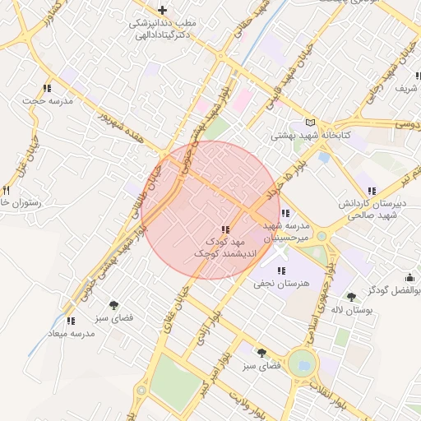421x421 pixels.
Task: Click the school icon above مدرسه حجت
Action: [x=46, y=87]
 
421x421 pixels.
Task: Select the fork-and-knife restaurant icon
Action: [x=5, y=190]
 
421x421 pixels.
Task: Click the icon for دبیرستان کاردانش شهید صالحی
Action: [x=372, y=191]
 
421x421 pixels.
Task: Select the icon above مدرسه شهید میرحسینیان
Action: [x=285, y=214]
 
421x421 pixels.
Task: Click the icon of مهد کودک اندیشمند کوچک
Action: [x=224, y=229]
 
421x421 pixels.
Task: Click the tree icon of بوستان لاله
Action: [x=351, y=297]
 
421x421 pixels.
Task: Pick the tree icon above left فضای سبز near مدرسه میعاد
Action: [x=125, y=304]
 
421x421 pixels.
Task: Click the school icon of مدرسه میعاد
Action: [x=71, y=321]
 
